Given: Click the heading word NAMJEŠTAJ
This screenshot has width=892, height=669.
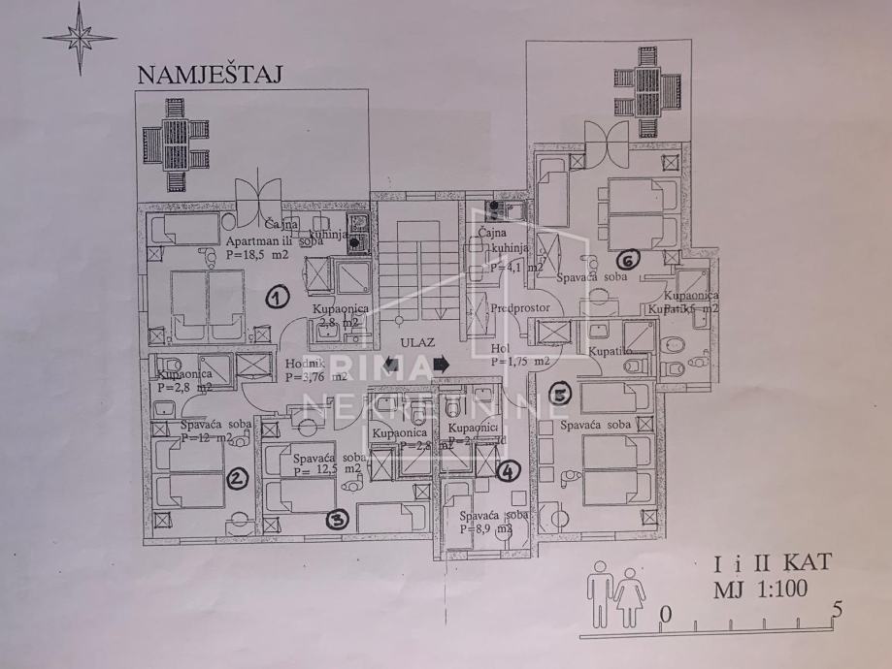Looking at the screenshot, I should click(x=209, y=75).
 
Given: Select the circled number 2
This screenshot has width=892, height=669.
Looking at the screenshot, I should click(x=235, y=478).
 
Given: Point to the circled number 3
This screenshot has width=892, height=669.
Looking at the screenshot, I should click(x=337, y=520).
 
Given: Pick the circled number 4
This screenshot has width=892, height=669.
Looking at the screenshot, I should click(x=507, y=472).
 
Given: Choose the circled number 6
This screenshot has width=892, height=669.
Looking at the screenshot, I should click(x=627, y=260).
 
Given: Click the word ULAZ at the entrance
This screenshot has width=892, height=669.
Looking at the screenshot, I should click(x=415, y=342).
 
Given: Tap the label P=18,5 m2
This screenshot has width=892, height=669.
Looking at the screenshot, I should click(x=256, y=255).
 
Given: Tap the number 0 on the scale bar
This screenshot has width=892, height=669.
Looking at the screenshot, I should click(x=665, y=614).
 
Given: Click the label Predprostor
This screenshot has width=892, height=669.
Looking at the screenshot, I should click(x=520, y=308).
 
